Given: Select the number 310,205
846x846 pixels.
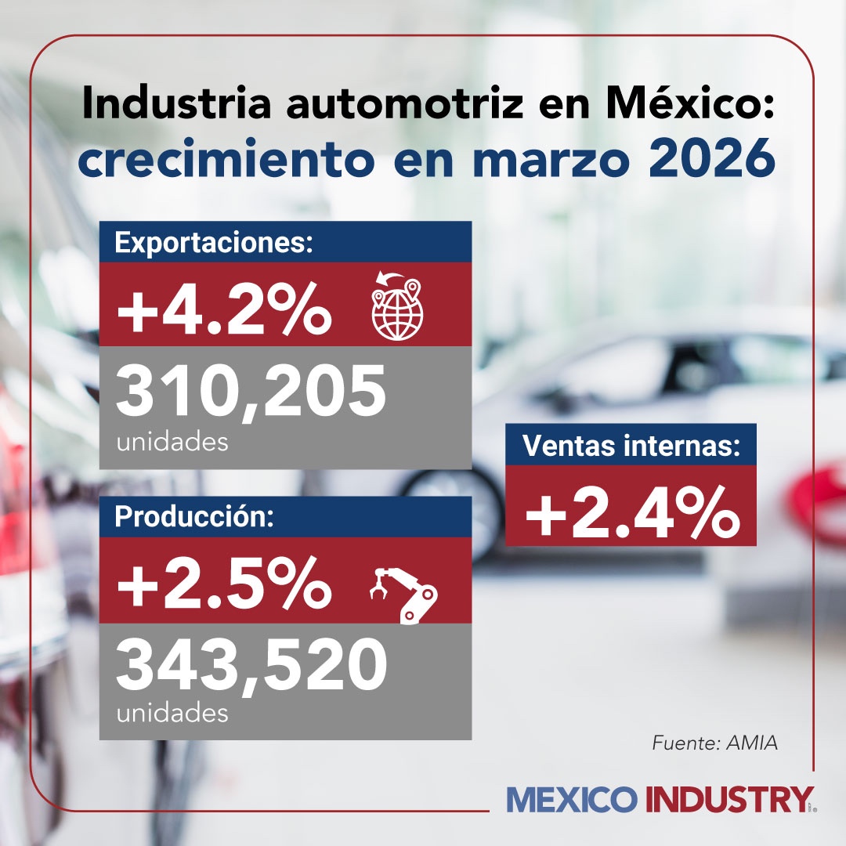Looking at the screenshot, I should tap(251, 392).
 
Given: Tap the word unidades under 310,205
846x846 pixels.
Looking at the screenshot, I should tap(172, 443).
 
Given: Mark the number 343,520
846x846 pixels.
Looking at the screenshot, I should tap(251, 664).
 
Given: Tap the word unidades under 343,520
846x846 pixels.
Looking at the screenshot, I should tap(172, 714).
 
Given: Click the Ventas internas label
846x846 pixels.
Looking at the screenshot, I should tap(631, 446).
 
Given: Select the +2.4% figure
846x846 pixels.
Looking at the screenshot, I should tap(631, 507).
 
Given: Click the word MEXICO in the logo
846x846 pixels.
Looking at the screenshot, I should tap(572, 800).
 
